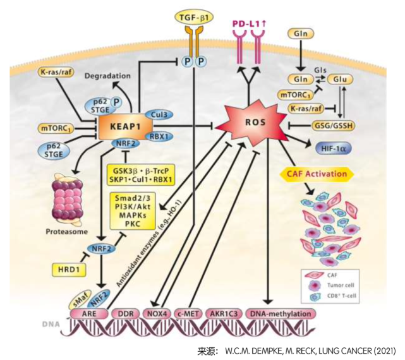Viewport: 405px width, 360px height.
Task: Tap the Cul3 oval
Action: pos(159,114)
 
